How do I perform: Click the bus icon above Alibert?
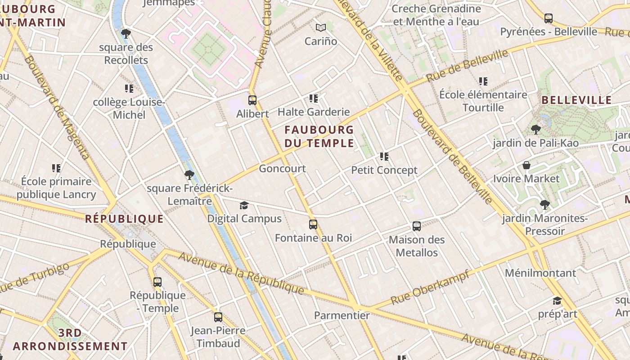[x=252, y=100]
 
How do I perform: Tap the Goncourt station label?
[x=282, y=169]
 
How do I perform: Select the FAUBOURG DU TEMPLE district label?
[x=319, y=137]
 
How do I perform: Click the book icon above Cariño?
[x=320, y=28]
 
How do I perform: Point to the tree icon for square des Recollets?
[x=126, y=34]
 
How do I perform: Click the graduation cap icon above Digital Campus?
[x=244, y=206]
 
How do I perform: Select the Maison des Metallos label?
[x=417, y=246]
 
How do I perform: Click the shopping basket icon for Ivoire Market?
[x=526, y=166]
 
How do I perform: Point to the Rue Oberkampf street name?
[x=430, y=287]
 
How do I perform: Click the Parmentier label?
[x=342, y=315]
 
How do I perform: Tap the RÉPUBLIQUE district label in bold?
[x=125, y=219]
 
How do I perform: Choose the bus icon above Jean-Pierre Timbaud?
[x=218, y=317]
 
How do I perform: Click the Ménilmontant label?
[x=540, y=273]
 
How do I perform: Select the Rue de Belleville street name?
[x=467, y=66]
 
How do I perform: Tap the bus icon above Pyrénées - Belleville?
[x=549, y=18]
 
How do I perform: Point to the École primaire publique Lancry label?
[x=56, y=188]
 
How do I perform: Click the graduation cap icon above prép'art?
[x=557, y=301]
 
